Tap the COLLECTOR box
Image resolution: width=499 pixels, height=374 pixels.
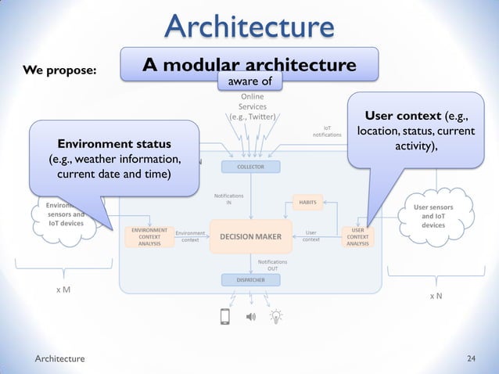coord(250,167)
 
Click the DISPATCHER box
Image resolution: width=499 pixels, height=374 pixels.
coord(250,280)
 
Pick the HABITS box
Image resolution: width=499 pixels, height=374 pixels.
coord(307,202)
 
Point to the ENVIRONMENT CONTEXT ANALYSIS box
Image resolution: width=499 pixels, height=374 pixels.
coord(147,237)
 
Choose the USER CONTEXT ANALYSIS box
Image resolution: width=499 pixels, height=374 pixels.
coord(357,237)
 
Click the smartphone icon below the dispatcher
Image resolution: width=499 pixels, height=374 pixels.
coord(225,317)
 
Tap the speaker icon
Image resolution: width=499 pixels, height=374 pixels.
coord(251,317)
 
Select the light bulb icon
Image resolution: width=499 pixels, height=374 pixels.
coord(276,317)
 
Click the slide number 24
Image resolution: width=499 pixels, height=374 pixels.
coord(471,358)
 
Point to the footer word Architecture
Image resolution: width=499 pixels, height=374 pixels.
coord(60,358)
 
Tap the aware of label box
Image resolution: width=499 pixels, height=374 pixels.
coord(249,81)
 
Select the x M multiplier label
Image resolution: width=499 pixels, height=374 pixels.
coord(61,289)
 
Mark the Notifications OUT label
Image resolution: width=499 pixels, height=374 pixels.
coord(272,264)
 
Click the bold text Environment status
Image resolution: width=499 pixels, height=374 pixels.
coord(109,145)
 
